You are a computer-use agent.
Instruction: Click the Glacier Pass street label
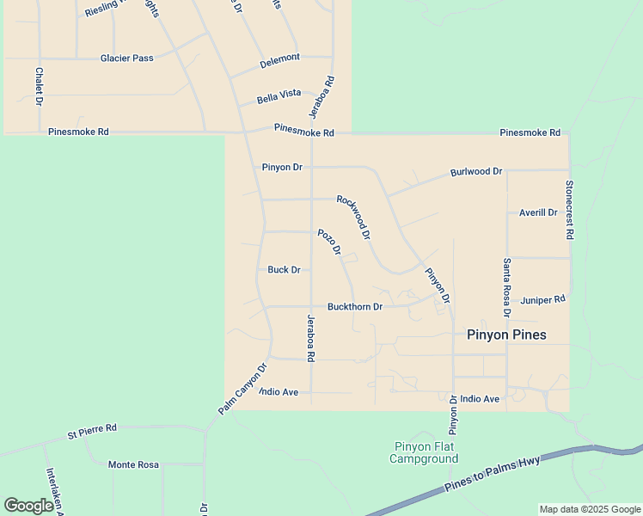pyautogui.click(x=126, y=58)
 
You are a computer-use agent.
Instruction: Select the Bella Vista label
pyautogui.click(x=279, y=96)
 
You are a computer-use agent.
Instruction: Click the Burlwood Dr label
pyautogui.click(x=476, y=172)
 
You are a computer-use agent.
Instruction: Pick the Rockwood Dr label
pyautogui.click(x=353, y=217)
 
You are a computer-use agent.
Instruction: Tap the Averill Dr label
pyautogui.click(x=539, y=212)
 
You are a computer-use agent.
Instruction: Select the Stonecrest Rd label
pyautogui.click(x=569, y=210)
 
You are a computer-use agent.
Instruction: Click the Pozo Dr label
pyautogui.click(x=329, y=242)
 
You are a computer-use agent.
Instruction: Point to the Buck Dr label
pyautogui.click(x=284, y=270)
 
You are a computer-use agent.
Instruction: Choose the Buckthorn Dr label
pyautogui.click(x=354, y=307)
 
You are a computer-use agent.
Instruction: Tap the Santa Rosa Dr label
pyautogui.click(x=507, y=289)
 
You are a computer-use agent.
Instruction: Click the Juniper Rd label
pyautogui.click(x=543, y=300)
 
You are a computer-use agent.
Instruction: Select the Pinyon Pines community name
pyautogui.click(x=506, y=335)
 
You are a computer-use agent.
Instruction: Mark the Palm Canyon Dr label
pyautogui.click(x=243, y=389)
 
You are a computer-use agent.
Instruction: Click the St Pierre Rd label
pyautogui.click(x=92, y=430)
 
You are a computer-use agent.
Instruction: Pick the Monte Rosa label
pyautogui.click(x=133, y=464)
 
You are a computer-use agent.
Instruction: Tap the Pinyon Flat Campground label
pyautogui.click(x=424, y=452)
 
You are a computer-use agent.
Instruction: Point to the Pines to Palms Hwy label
pyautogui.click(x=493, y=475)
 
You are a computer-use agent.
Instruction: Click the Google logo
pyautogui.click(x=29, y=506)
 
